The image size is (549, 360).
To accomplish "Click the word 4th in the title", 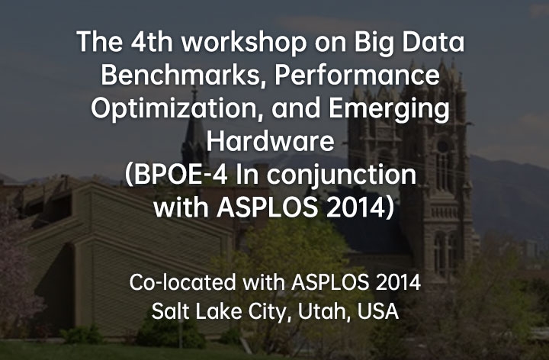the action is point(152,42).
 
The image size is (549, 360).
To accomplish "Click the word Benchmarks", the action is point(183,76).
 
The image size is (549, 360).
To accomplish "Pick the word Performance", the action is point(357,75).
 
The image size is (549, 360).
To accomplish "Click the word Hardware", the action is point(270,141).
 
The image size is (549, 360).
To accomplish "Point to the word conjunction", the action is point(342,175).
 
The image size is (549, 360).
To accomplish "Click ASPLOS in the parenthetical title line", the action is point(267,207).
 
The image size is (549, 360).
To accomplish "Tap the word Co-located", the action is point(182,282).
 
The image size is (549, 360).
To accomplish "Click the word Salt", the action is point(170,310).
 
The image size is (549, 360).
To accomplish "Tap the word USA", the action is point(377,311).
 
